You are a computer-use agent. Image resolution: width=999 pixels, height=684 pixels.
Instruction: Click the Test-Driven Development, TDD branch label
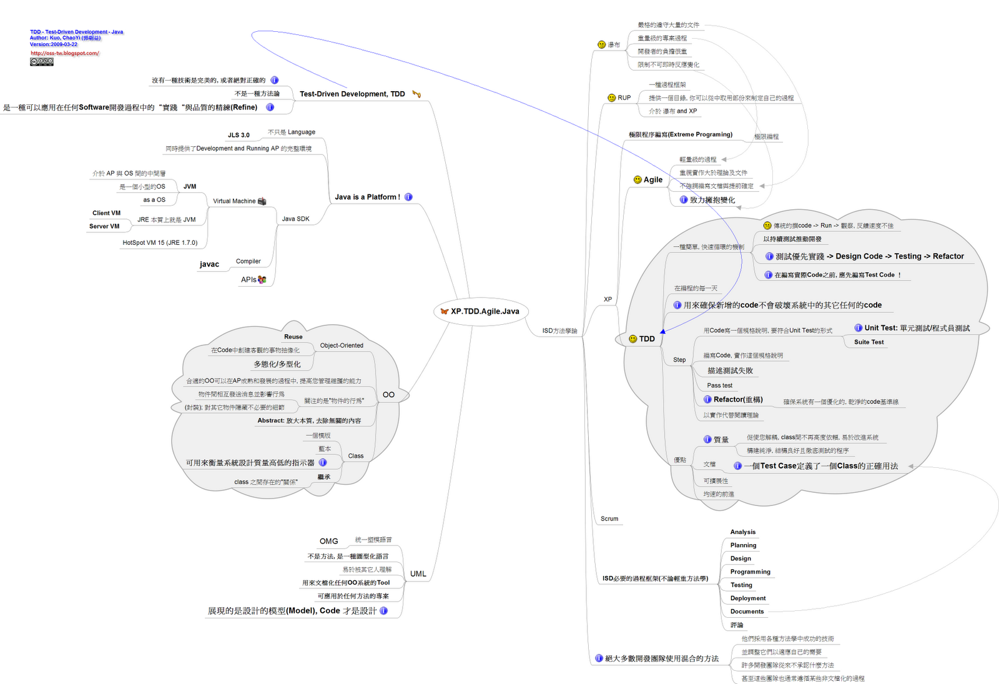pos(352,94)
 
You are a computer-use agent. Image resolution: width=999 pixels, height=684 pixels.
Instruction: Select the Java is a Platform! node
pos(367,197)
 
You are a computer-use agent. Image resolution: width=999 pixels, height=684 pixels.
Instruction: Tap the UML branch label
pos(418,573)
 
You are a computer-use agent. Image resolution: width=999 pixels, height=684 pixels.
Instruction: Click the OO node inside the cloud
pos(388,395)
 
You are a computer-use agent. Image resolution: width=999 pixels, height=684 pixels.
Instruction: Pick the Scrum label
pos(609,518)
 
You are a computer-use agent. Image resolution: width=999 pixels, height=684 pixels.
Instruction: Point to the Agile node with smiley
pos(652,180)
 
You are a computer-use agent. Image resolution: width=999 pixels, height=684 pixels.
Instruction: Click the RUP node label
pos(624,98)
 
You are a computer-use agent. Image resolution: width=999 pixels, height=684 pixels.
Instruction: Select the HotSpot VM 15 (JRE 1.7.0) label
pos(160,243)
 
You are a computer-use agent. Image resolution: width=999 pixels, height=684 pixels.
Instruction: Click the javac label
pos(209,265)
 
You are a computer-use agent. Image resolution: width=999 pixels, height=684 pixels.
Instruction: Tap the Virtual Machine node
pos(234,201)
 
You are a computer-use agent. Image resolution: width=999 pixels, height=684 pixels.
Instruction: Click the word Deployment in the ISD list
pos(748,598)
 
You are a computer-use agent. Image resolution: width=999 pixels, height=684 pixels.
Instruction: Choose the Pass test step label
pos(720,385)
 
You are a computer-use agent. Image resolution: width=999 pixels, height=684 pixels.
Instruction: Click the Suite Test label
pos(869,342)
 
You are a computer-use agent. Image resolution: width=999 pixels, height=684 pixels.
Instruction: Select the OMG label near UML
pos(329,542)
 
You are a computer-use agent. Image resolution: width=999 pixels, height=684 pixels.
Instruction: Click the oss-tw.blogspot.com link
pos(65,53)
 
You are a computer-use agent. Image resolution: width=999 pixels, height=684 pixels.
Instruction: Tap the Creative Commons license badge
pos(42,62)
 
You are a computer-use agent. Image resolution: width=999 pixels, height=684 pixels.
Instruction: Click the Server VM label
pos(104,227)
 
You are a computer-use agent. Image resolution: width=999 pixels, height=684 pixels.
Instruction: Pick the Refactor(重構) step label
pos(738,400)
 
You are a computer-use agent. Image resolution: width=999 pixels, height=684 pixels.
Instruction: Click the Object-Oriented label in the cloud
pos(342,345)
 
